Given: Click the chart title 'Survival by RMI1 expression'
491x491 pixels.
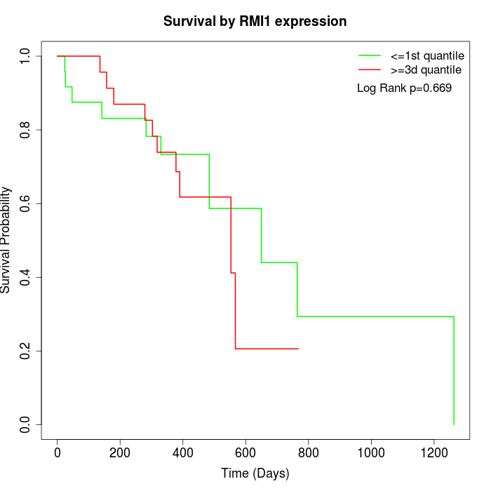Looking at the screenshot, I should (x=255, y=22).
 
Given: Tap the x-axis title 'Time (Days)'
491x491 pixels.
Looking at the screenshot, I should (x=255, y=473).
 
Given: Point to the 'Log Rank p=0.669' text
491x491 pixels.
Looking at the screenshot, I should (x=404, y=88).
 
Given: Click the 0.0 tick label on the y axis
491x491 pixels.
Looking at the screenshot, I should (x=26, y=424).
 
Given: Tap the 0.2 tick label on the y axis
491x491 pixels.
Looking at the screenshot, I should (x=26, y=351).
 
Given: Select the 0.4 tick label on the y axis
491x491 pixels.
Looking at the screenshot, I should (x=26, y=277).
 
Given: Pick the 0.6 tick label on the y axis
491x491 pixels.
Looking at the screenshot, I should (x=26, y=203).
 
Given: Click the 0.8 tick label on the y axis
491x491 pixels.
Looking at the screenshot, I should (x=26, y=130).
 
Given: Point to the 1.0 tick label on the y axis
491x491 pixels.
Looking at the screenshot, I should (x=26, y=56).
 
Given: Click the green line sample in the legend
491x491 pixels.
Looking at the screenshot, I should (x=370, y=55).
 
